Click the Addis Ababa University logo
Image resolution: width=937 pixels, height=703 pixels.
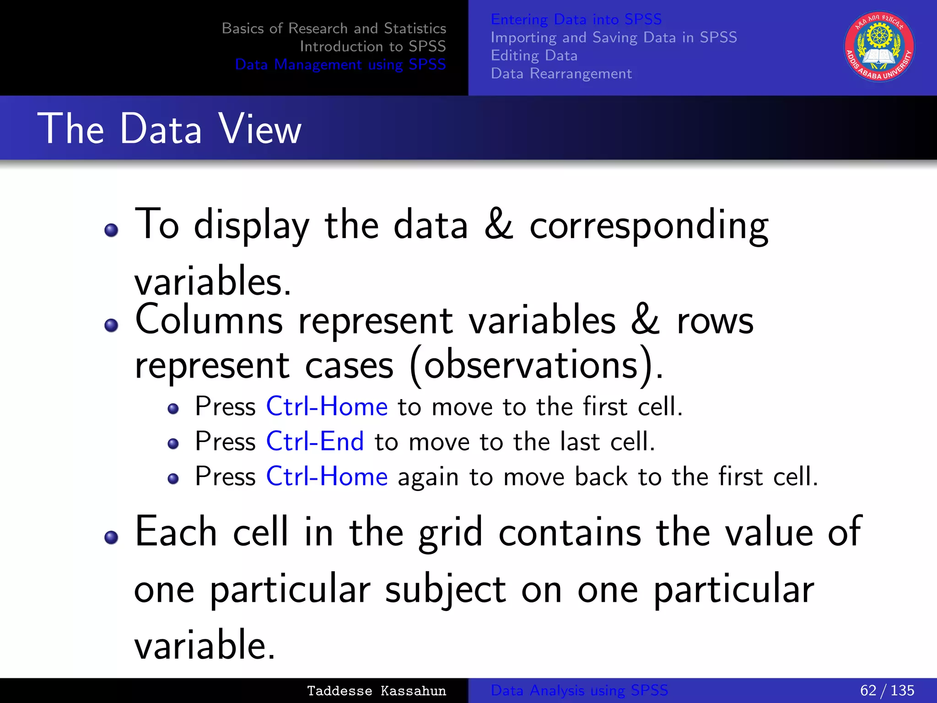pyautogui.click(x=879, y=46)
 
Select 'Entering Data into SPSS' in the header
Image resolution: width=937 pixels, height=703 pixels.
pyautogui.click(x=576, y=19)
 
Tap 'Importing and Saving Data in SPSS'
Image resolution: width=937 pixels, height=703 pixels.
pyautogui.click(x=614, y=37)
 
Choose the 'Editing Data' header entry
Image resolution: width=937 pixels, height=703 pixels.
pyautogui.click(x=534, y=55)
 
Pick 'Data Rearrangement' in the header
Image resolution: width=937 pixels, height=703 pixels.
pyautogui.click(x=561, y=73)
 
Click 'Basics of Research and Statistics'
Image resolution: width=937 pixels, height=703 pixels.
pyautogui.click(x=334, y=28)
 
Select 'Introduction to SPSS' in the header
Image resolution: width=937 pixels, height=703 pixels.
pyautogui.click(x=372, y=46)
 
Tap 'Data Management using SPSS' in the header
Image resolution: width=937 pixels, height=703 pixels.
pyautogui.click(x=340, y=65)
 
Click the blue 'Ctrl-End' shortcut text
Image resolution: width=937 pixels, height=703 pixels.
pyautogui.click(x=315, y=441)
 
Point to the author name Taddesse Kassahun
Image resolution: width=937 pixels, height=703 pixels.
pyautogui.click(x=376, y=691)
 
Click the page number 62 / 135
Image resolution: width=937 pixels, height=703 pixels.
pyautogui.click(x=887, y=690)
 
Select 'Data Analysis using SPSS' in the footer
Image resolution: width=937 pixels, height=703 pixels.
pyautogui.click(x=579, y=690)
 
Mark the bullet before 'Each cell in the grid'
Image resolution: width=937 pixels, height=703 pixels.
pyautogui.click(x=111, y=537)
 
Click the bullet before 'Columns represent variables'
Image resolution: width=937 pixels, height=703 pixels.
pyautogui.click(x=111, y=325)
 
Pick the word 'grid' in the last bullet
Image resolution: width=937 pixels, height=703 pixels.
pyautogui.click(x=451, y=532)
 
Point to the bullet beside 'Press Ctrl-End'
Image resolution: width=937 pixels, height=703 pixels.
pyautogui.click(x=173, y=443)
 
